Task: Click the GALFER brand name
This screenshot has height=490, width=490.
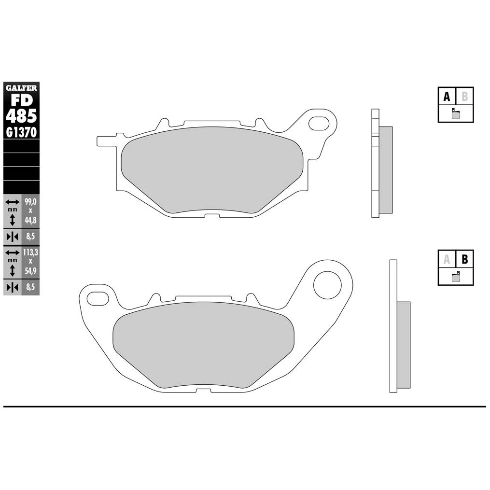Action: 21,88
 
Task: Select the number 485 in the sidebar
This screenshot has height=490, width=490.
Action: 21,116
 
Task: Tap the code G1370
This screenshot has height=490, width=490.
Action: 21,132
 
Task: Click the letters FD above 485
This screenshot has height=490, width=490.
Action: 22,100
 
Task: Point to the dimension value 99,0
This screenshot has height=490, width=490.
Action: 30,202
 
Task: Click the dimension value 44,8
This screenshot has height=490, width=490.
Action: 30,220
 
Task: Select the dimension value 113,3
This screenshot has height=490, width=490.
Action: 30,252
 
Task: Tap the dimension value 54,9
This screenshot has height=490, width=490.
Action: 30,271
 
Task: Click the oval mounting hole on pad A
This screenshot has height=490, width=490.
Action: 319,123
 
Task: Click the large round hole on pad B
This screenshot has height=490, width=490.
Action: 327,285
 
